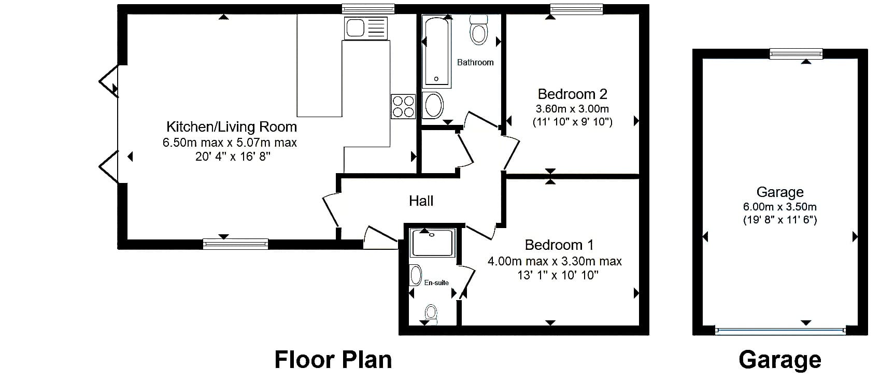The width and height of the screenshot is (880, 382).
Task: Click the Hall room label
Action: click(421, 201)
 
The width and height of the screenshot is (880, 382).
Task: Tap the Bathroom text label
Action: click(475, 63)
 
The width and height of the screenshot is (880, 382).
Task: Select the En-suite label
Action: click(436, 282)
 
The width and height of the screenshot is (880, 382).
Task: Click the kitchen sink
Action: click(366, 28)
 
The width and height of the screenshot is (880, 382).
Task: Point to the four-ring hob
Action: click(403, 106)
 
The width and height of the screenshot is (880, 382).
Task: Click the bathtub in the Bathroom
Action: click(436, 51)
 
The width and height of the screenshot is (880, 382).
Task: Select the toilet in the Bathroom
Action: click(478, 30)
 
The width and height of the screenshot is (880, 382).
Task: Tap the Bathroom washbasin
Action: click(433, 105)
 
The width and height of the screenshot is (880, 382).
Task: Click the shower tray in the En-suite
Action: click(432, 243)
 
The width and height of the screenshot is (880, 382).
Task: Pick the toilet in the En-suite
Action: click(431, 315)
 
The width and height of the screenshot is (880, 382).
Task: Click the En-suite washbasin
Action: click(415, 275)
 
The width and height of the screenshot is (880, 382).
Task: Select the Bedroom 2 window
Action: click(576, 9)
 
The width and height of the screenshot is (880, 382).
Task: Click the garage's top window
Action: click(796, 53)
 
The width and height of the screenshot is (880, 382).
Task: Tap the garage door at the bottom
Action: click(780, 331)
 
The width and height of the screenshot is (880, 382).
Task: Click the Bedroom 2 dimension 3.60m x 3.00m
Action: click(572, 109)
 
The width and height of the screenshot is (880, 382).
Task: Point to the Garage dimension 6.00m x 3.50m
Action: click(780, 207)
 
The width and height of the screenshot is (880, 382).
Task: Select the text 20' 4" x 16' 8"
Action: click(233, 157)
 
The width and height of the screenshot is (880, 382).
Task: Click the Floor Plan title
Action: click(333, 360)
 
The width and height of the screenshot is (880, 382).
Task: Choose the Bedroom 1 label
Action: click(559, 245)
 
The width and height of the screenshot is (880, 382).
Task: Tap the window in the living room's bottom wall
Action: click(235, 244)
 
